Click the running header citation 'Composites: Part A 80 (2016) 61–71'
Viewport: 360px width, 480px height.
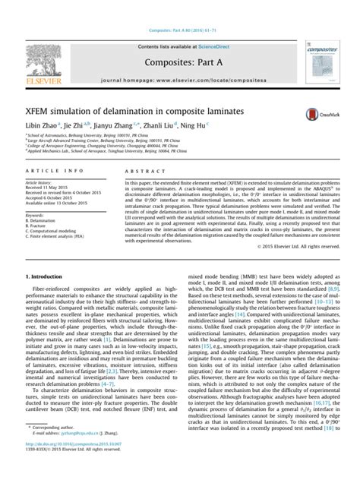coord(180,12)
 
